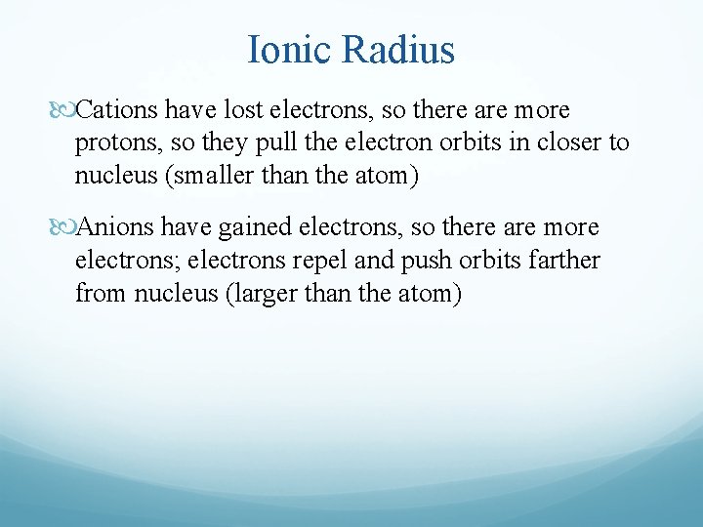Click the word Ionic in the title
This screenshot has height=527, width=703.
pos(290,50)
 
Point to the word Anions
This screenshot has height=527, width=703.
pos(114,227)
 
